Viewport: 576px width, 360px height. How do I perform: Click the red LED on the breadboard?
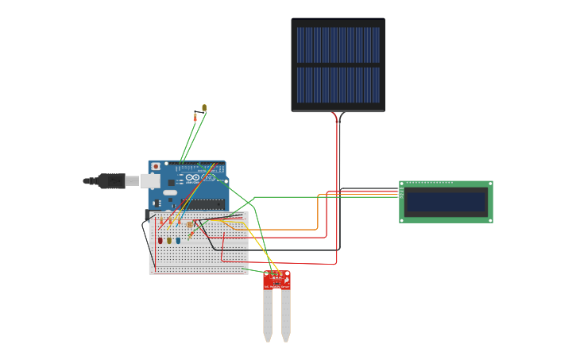(160, 240)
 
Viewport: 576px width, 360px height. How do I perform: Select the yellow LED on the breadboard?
(169, 240)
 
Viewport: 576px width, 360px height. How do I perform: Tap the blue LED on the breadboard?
(178, 240)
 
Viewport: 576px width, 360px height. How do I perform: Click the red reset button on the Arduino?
(156, 166)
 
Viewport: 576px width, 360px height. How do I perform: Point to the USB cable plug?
(112, 181)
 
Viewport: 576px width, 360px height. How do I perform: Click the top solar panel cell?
(338, 45)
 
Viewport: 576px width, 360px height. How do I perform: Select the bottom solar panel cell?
(338, 85)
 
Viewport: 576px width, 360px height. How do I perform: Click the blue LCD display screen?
(445, 203)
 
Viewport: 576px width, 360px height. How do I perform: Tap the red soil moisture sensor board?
(276, 280)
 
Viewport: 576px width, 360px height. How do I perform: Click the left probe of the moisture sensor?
(268, 314)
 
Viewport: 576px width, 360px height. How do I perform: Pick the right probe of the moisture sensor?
(285, 314)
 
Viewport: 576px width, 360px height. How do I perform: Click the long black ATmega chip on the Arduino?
(203, 203)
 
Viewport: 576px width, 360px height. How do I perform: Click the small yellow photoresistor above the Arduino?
(204, 107)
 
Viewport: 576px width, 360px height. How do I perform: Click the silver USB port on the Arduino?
(151, 181)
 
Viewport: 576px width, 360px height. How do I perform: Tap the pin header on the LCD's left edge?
(401, 192)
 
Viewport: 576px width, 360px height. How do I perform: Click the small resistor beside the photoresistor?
(195, 117)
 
